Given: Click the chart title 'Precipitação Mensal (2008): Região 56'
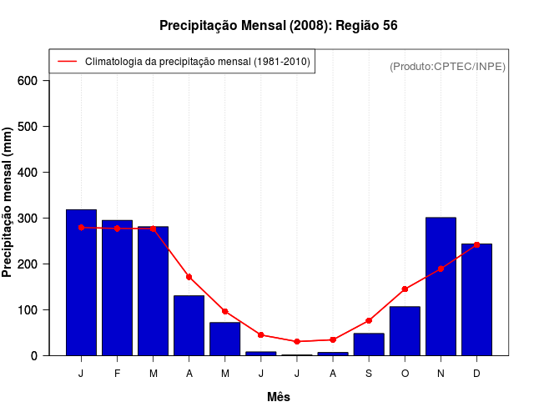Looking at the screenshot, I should coord(278,26).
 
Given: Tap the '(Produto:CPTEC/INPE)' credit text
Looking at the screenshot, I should coord(448,66).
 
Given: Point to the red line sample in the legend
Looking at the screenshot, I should coord(67,61).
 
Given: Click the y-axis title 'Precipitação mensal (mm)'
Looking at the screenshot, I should coord(8,202).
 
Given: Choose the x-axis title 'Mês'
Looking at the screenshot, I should coord(279,397).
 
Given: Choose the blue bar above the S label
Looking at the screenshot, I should coord(369,344).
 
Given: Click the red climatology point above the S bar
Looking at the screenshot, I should coord(369,320).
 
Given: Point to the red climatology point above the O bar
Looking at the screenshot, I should coord(405,289).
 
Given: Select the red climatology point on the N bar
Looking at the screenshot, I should coord(441,269).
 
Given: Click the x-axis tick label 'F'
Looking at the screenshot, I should coord(117,374).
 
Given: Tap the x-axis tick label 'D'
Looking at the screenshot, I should coord(476,374).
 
